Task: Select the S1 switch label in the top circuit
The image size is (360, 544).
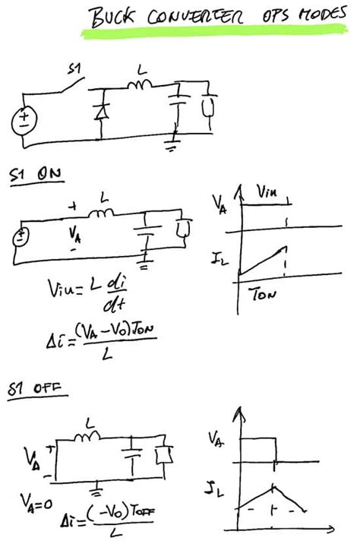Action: point(74,69)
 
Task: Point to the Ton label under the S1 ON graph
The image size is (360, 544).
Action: point(263,295)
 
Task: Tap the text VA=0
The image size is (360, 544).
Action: point(33,501)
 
